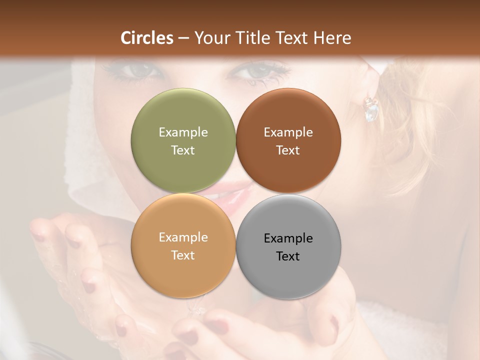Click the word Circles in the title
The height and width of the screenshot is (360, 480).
click(147, 38)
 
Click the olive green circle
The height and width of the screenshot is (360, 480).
click(183, 140)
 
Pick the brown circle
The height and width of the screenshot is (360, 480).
click(288, 140)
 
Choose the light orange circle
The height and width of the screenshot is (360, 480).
click(183, 245)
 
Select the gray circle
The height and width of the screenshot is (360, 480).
click(288, 246)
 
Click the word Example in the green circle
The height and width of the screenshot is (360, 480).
click(183, 132)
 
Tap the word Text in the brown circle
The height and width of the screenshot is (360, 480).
click(288, 150)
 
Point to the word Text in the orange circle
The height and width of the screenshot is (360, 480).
click(183, 255)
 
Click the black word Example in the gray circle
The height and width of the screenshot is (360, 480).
click(288, 238)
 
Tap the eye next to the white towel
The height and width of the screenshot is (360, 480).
click(136, 70)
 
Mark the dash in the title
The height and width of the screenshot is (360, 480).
click(183, 38)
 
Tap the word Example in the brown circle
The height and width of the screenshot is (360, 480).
click(288, 132)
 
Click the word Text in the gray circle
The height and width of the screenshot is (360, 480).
click(288, 256)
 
